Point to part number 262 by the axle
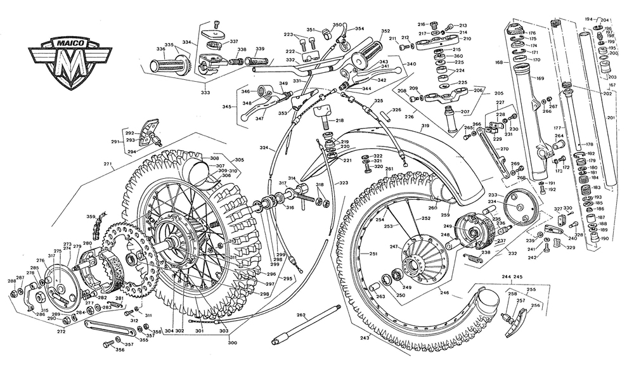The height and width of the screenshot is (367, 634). (301, 314)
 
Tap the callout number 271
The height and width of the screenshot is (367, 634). (108, 165)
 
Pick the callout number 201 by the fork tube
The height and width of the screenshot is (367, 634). (611, 118)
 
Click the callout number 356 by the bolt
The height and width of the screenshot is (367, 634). (120, 349)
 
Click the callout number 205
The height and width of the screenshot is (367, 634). (498, 93)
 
